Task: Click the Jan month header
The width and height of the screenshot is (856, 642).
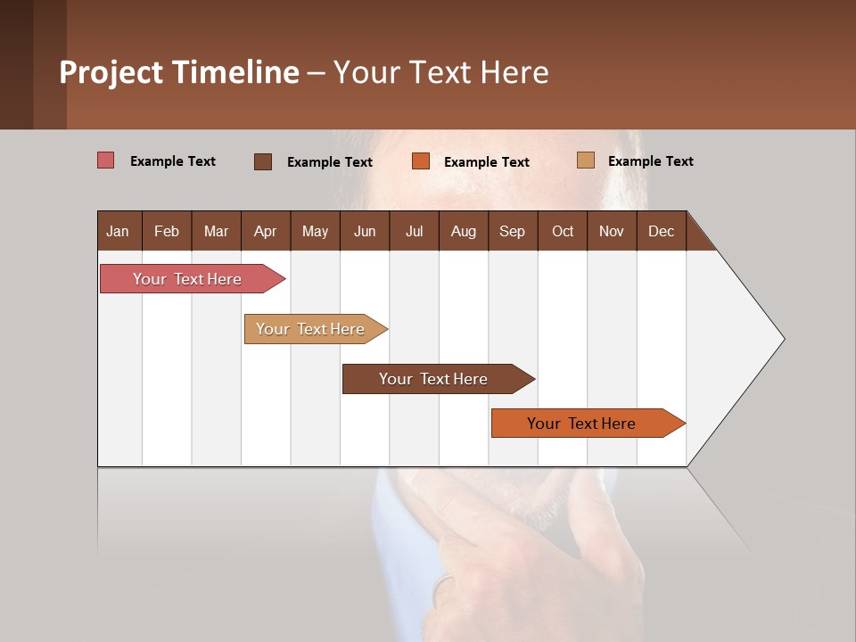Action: click(x=118, y=231)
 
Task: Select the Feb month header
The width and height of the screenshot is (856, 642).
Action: click(x=167, y=231)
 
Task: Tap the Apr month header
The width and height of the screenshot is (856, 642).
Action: click(x=265, y=231)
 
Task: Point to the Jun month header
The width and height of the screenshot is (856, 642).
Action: click(x=365, y=231)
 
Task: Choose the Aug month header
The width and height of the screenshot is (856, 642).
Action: click(x=463, y=231)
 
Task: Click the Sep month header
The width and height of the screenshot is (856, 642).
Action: click(x=512, y=231)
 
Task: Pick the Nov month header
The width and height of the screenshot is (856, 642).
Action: click(x=611, y=231)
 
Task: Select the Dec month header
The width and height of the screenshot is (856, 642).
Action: click(x=661, y=231)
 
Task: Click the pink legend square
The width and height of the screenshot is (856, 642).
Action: click(x=106, y=160)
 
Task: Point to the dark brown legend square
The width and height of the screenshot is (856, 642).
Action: click(x=263, y=161)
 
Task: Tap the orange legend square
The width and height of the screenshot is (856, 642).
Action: click(x=421, y=161)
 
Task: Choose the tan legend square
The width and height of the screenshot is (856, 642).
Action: click(x=586, y=160)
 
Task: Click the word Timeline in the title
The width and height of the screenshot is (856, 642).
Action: click(x=235, y=72)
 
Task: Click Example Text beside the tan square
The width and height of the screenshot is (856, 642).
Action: click(x=650, y=161)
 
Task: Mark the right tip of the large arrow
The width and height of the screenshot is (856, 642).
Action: click(x=783, y=339)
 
